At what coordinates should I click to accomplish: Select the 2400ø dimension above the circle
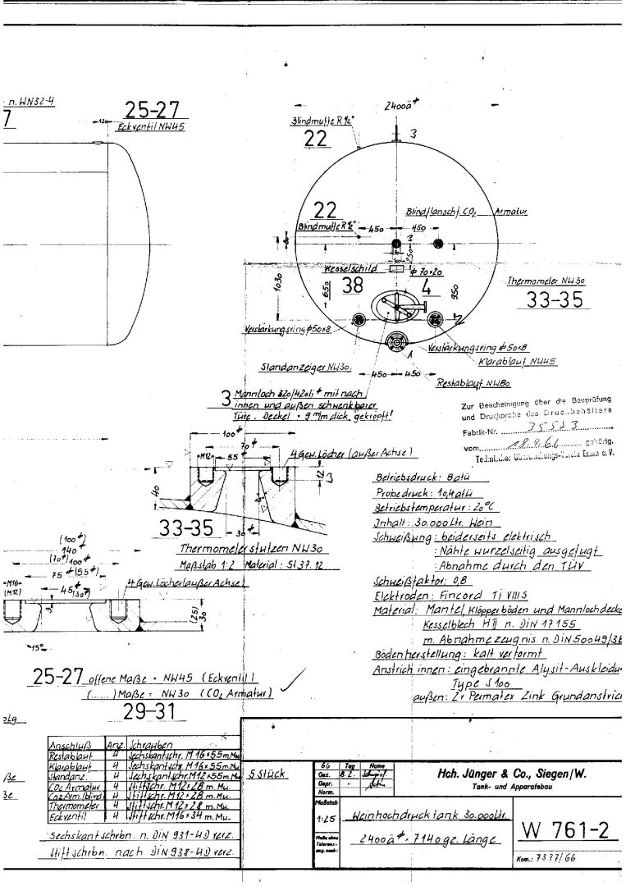(x=400, y=106)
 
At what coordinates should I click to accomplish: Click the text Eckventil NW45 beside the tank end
(x=151, y=127)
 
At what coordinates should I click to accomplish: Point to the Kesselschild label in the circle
(x=350, y=268)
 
